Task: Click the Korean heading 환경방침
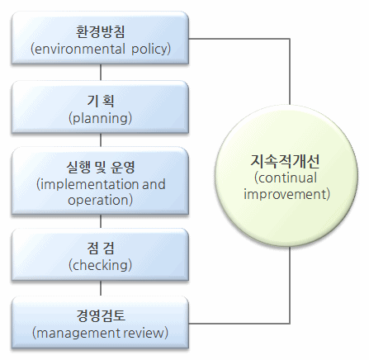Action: (101, 32)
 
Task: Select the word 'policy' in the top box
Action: (149, 50)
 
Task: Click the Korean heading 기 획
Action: (101, 101)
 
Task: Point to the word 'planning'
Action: (100, 118)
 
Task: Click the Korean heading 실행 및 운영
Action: (101, 168)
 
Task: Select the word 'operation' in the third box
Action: (98, 201)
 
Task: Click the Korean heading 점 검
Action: (101, 248)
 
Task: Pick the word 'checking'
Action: (100, 265)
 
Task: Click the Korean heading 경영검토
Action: (101, 315)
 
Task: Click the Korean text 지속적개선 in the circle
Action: (285, 161)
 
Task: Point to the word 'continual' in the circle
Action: (287, 178)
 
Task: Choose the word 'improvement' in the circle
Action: (285, 194)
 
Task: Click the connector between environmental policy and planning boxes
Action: (101, 72)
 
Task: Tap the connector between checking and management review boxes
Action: (101, 288)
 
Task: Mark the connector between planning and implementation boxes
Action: (101, 140)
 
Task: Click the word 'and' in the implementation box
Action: (154, 184)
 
